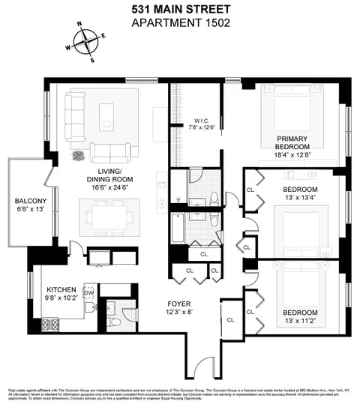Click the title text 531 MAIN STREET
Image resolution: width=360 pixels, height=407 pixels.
(179, 8)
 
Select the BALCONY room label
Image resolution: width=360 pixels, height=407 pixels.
(31, 201)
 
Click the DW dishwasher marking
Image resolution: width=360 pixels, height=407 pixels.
(88, 293)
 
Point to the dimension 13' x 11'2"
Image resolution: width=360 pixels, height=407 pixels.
(300, 321)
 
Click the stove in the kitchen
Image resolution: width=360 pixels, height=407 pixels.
(50, 324)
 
